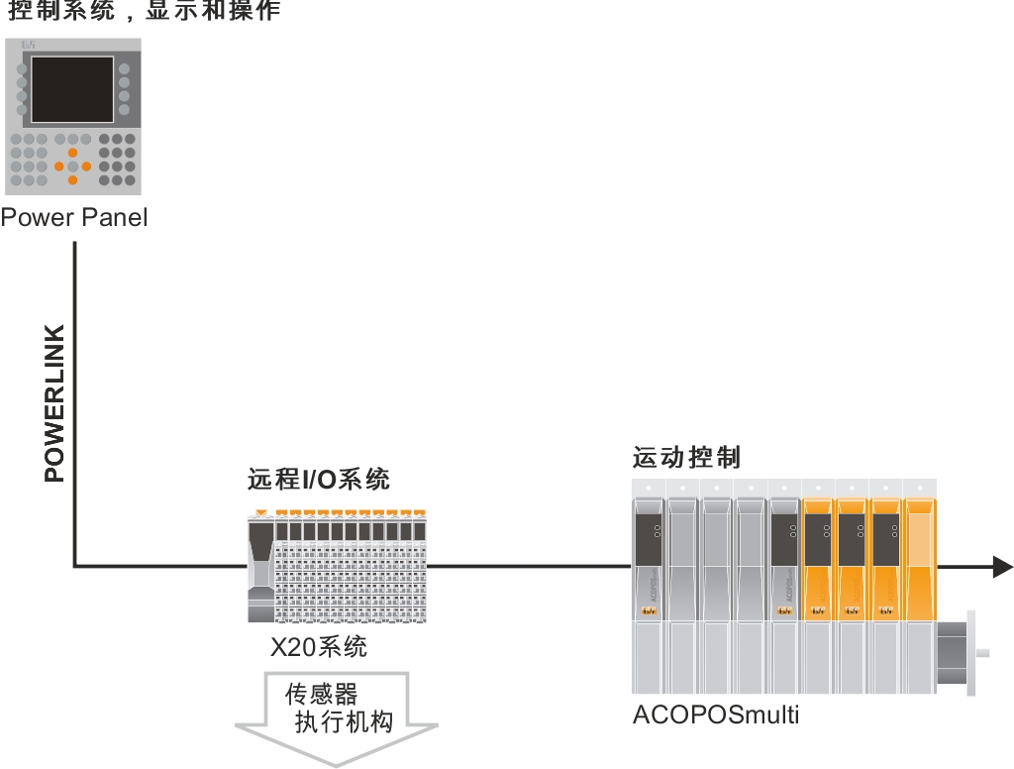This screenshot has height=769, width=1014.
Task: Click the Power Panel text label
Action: [74, 217]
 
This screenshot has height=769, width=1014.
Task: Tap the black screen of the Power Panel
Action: [72, 89]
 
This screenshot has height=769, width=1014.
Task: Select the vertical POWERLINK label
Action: [54, 402]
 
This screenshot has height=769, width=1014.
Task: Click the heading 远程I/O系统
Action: [319, 481]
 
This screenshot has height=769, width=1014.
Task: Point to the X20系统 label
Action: [319, 647]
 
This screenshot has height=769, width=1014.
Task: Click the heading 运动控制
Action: [686, 458]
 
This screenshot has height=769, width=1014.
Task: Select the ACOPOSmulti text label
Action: [715, 714]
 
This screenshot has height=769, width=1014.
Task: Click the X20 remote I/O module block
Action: [337, 567]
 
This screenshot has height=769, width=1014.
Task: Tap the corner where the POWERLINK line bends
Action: [74, 567]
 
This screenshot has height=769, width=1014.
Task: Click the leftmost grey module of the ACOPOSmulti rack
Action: [649, 585]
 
